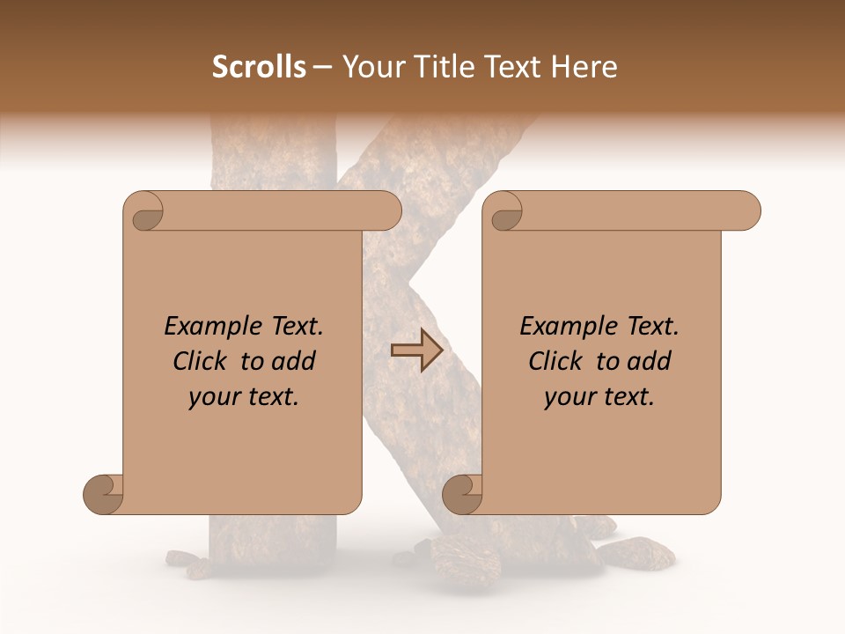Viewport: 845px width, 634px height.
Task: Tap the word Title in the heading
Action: coord(443,66)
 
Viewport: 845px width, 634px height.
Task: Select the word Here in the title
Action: coord(584,66)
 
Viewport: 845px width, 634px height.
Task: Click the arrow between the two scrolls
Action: coord(416,350)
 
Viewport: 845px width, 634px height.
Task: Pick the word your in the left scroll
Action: coord(212,397)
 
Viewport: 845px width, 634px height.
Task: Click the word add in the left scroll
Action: coord(293,361)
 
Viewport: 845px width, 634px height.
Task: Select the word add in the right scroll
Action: coord(649,361)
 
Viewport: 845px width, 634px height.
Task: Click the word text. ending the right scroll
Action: coord(626,397)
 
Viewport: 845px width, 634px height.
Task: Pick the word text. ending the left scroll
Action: coord(270,397)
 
